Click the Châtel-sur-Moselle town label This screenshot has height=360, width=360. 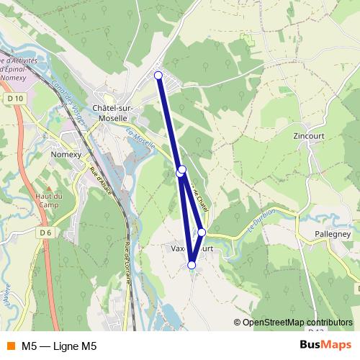[110, 113]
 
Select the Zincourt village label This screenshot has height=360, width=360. [310, 135]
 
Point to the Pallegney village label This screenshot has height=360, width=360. [332, 234]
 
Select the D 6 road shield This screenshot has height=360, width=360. [46, 233]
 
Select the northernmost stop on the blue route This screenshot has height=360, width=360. [158, 75]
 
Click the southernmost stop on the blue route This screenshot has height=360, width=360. [192, 265]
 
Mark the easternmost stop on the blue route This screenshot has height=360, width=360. [202, 232]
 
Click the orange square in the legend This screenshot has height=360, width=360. [10, 346]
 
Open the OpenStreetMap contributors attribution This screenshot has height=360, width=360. [292, 323]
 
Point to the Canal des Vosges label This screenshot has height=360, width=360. [66, 101]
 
